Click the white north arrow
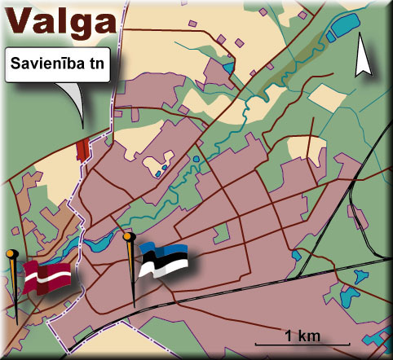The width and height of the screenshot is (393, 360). [x=361, y=61]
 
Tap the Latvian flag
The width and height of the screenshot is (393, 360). [x=47, y=277]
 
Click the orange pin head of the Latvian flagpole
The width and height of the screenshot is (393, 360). [x=11, y=255]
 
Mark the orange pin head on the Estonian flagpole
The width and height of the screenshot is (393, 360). [x=128, y=237]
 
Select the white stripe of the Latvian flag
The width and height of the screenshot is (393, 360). [x=47, y=278]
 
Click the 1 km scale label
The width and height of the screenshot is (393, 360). [x=302, y=335]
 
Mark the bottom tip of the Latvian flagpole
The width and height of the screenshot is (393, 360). [x=15, y=323]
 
